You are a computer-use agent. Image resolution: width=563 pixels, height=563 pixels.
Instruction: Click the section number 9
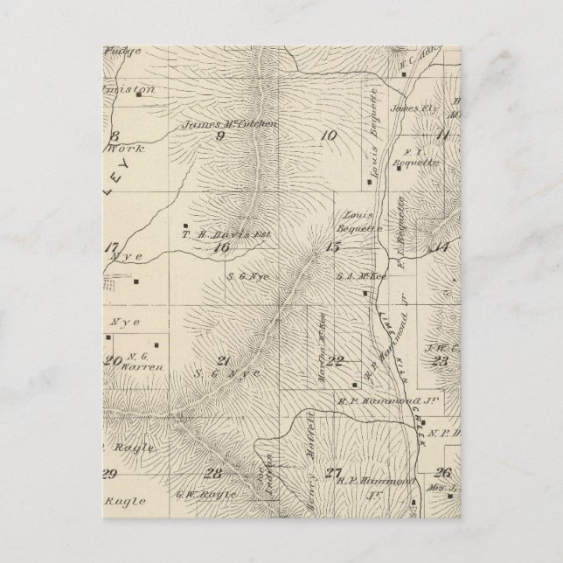click(x=219, y=136)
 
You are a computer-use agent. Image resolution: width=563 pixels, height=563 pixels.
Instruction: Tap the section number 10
click(x=328, y=135)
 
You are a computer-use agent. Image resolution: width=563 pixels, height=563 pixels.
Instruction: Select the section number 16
click(x=221, y=247)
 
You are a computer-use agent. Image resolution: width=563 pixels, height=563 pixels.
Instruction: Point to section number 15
click(x=331, y=247)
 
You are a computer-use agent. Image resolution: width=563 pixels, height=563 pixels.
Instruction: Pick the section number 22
click(x=335, y=361)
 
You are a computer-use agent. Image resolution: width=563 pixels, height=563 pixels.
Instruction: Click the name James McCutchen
click(x=230, y=125)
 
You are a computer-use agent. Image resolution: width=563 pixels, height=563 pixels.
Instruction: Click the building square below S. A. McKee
click(x=365, y=293)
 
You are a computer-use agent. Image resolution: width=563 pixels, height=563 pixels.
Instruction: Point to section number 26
click(x=441, y=472)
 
